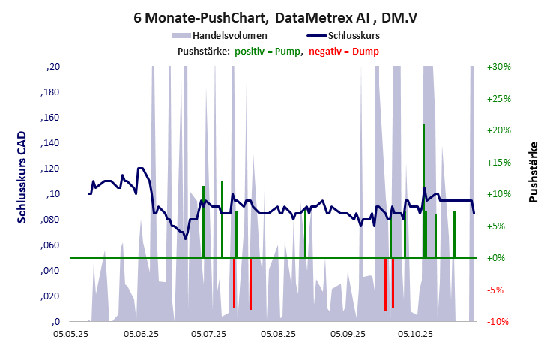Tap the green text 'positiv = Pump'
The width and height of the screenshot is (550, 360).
268,51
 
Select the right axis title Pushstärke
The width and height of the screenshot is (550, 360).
534,172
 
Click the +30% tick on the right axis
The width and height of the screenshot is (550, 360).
498,67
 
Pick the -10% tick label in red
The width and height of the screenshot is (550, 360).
499,322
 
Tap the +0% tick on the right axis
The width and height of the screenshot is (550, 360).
498,258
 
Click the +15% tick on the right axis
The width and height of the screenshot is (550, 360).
498,163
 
